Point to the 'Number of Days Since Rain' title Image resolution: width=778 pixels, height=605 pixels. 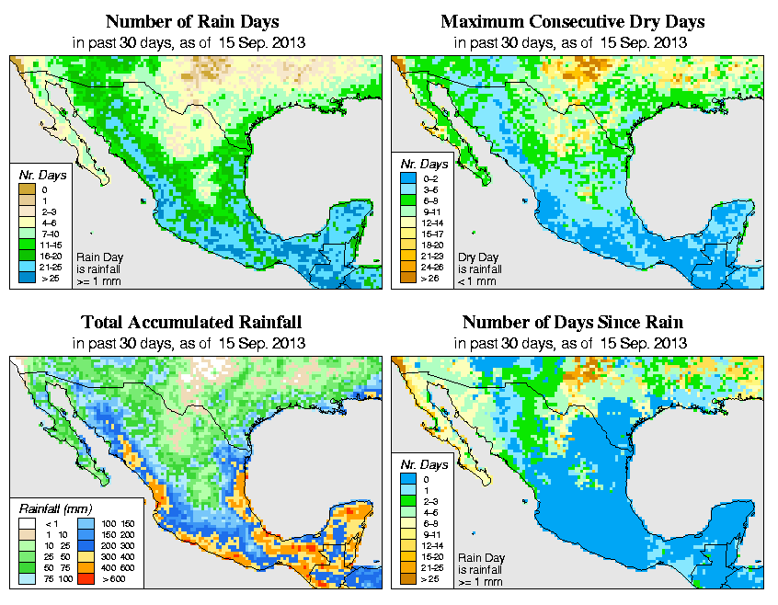pos(572,323)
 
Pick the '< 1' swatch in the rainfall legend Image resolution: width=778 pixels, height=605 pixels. pos(28,523)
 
